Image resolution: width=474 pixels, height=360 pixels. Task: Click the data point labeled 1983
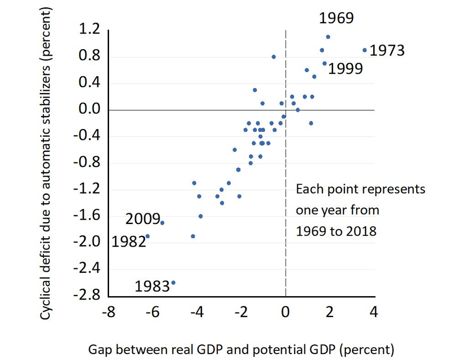pyautogui.click(x=173, y=283)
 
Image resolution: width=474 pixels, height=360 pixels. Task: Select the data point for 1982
pyautogui.click(x=148, y=236)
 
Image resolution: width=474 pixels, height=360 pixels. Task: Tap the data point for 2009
pyautogui.click(x=162, y=223)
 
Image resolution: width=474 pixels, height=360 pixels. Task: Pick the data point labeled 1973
pyautogui.click(x=364, y=50)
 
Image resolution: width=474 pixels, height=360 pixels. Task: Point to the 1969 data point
pyautogui.click(x=328, y=37)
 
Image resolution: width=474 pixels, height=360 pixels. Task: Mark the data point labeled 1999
pyautogui.click(x=324, y=63)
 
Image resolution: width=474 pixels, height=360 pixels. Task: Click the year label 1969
pyautogui.click(x=336, y=19)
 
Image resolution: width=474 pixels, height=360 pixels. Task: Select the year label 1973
pyautogui.click(x=387, y=50)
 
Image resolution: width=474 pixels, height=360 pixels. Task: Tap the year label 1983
pyautogui.click(x=152, y=286)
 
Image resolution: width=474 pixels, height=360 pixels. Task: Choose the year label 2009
pyautogui.click(x=142, y=219)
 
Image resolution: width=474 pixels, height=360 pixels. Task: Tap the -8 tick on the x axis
pyautogui.click(x=109, y=311)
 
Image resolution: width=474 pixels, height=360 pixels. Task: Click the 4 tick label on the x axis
pyautogui.click(x=374, y=311)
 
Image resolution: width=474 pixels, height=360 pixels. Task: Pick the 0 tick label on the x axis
pyautogui.click(x=285, y=311)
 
